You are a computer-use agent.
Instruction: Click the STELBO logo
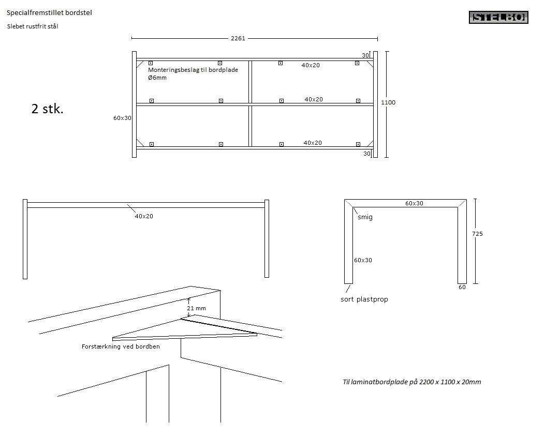click(x=499, y=18)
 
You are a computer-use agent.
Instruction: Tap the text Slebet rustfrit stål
click(x=33, y=26)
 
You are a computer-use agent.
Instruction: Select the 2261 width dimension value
click(x=238, y=38)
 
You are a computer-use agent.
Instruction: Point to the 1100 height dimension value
click(x=388, y=102)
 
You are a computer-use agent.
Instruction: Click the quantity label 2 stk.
click(x=48, y=109)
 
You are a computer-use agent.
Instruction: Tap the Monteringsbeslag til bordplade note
click(x=193, y=70)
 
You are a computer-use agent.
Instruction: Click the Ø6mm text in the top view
click(x=157, y=78)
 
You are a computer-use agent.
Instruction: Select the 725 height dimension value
click(x=477, y=234)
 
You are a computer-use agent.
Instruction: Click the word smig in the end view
click(x=365, y=217)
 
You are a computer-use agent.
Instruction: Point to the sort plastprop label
click(x=364, y=299)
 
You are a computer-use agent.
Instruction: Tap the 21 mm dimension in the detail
click(x=197, y=308)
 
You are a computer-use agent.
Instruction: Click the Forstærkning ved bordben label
click(x=121, y=346)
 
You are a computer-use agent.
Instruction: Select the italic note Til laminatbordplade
click(x=412, y=382)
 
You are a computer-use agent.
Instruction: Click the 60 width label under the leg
click(x=462, y=287)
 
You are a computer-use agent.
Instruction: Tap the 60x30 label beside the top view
click(x=123, y=118)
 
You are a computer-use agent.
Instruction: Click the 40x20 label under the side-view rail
click(x=144, y=216)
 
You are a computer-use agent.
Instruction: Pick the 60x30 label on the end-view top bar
click(x=414, y=203)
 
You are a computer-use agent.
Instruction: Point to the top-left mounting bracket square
click(x=151, y=63)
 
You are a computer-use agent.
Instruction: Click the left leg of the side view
click(x=25, y=238)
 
